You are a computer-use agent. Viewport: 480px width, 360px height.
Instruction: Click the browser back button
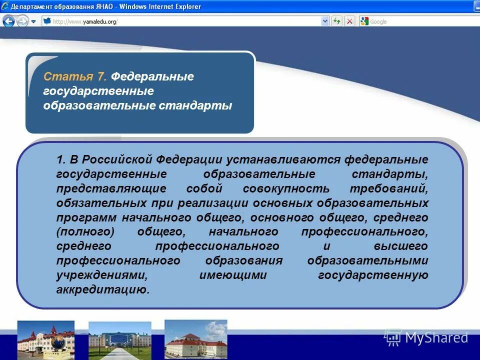8,21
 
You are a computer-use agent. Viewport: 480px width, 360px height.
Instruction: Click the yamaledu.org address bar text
85,21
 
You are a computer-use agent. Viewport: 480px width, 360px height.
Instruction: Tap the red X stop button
349,21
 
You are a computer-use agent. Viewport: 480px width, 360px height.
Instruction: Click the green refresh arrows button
337,21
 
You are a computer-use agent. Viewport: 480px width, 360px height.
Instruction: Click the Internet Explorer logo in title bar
5,6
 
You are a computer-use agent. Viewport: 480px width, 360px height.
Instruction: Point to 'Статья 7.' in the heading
75,77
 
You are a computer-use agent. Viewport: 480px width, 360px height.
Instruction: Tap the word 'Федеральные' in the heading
152,77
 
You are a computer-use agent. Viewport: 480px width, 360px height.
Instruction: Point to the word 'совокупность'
286,188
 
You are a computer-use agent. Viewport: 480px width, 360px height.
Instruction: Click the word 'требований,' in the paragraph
397,188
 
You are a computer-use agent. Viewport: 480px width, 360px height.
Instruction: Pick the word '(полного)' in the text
85,232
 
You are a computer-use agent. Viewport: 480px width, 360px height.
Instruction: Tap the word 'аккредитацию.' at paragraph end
103,290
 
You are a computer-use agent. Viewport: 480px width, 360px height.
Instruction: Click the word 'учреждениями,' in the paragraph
102,275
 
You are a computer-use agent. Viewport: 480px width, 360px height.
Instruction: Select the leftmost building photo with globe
45,340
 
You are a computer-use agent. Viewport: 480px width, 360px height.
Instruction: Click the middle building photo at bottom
119,340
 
